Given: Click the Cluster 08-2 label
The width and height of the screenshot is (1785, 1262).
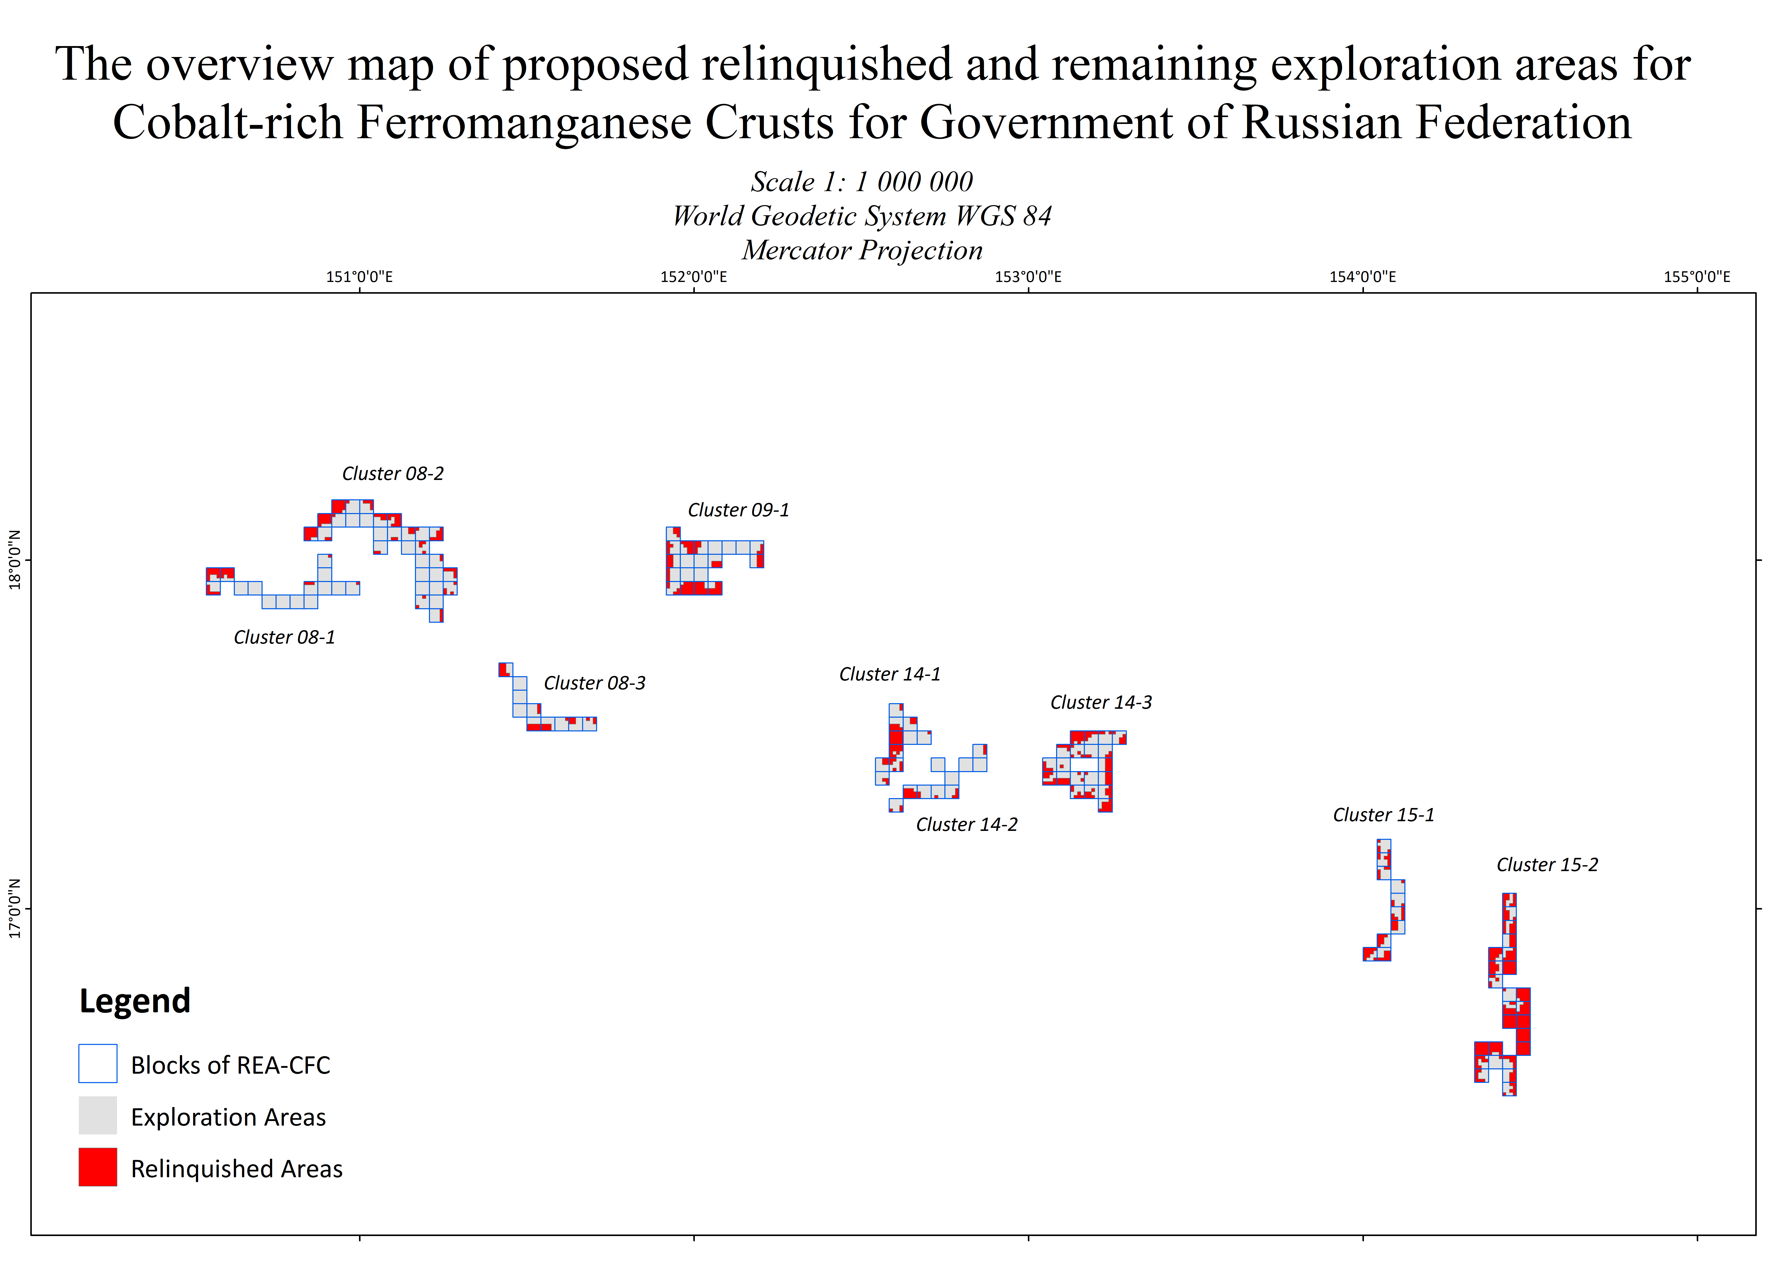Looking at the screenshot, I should click(393, 474).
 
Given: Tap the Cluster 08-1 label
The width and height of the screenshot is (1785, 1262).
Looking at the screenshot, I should click(284, 637).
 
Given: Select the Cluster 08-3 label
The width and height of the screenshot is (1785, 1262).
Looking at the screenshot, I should click(595, 684).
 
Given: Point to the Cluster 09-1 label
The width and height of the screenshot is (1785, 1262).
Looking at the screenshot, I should click(739, 510).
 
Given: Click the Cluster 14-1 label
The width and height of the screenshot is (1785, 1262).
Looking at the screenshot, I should click(889, 674).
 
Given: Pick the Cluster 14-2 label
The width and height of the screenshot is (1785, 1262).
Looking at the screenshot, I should click(966, 825).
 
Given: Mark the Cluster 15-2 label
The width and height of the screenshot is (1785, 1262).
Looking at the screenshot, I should click(1547, 865).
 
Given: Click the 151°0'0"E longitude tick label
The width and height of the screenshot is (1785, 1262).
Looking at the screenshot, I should click(359, 277).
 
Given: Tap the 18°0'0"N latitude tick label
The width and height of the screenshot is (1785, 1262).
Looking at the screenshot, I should click(14, 560).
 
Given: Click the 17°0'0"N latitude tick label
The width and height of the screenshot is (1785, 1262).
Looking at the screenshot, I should click(14, 908).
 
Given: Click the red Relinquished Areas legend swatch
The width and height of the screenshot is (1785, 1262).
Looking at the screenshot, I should click(98, 1167).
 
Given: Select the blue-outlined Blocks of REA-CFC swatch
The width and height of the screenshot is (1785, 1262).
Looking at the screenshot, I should click(98, 1063).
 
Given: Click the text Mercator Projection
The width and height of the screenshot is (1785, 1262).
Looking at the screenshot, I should click(862, 250).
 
